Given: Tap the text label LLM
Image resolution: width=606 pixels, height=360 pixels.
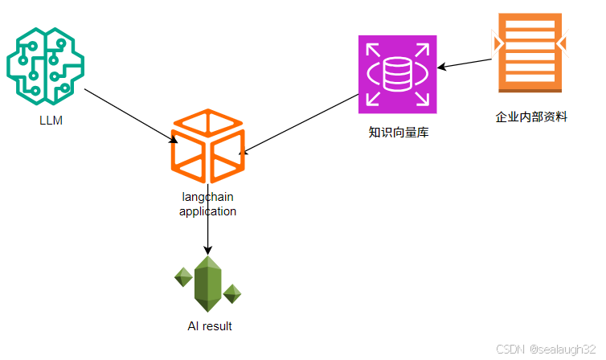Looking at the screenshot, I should [x=51, y=121].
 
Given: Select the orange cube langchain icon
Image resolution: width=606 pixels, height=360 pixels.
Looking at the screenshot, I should [x=207, y=146].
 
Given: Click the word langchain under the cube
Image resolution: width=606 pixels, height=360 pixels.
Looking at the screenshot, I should [x=208, y=198].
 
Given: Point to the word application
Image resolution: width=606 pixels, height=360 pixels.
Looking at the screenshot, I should [x=208, y=211].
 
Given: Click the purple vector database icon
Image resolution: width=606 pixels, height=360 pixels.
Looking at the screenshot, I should [x=397, y=74].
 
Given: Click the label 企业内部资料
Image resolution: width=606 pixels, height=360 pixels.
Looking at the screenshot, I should [x=531, y=117].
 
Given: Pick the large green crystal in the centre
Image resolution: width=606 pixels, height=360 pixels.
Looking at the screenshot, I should [x=208, y=284].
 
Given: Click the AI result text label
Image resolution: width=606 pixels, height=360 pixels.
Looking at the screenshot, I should [x=209, y=326].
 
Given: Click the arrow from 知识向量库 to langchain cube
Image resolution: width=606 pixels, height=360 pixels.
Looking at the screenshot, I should [x=301, y=121].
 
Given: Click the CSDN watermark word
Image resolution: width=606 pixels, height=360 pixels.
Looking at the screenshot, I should [x=510, y=350].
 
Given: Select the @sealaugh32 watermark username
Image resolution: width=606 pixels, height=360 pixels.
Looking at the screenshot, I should [x=562, y=350].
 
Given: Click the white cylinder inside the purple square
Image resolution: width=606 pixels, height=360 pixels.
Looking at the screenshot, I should [x=397, y=75].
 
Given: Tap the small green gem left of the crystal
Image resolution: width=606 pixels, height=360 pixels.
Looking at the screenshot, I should [x=184, y=277].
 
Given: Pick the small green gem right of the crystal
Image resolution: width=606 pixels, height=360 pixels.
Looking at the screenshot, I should [x=232, y=293].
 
